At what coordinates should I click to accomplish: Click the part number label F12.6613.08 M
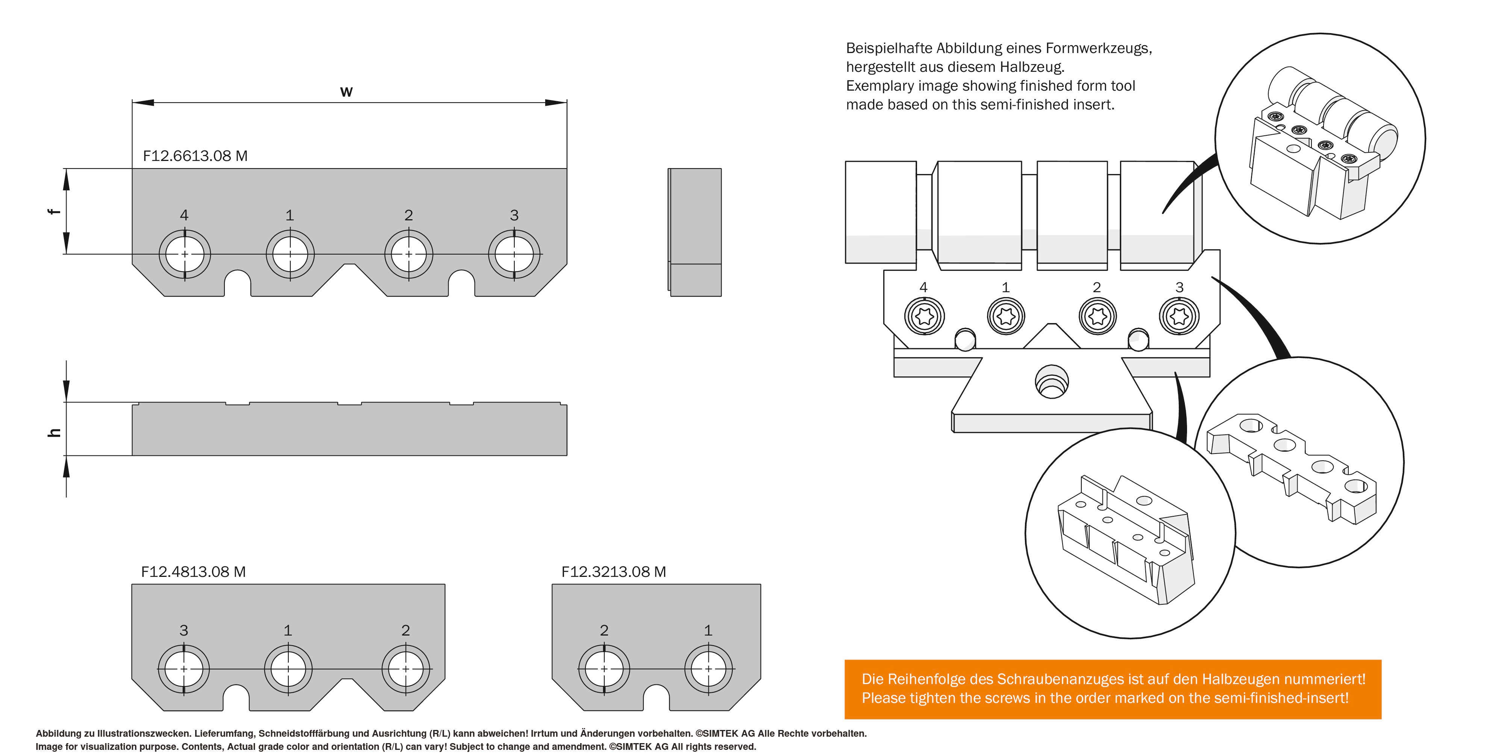click(x=195, y=156)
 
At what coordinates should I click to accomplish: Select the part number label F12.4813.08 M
click(x=193, y=572)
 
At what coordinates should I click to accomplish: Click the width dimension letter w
click(x=346, y=91)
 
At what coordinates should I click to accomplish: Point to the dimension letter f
click(x=54, y=211)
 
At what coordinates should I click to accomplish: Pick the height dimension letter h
click(x=54, y=432)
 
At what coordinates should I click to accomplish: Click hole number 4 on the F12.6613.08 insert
click(x=185, y=255)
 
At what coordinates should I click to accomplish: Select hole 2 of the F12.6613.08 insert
click(x=408, y=255)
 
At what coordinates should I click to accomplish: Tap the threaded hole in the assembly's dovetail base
click(x=1051, y=382)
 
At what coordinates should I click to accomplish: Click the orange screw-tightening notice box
click(x=1112, y=689)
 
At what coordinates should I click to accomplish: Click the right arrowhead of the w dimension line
click(x=556, y=103)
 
